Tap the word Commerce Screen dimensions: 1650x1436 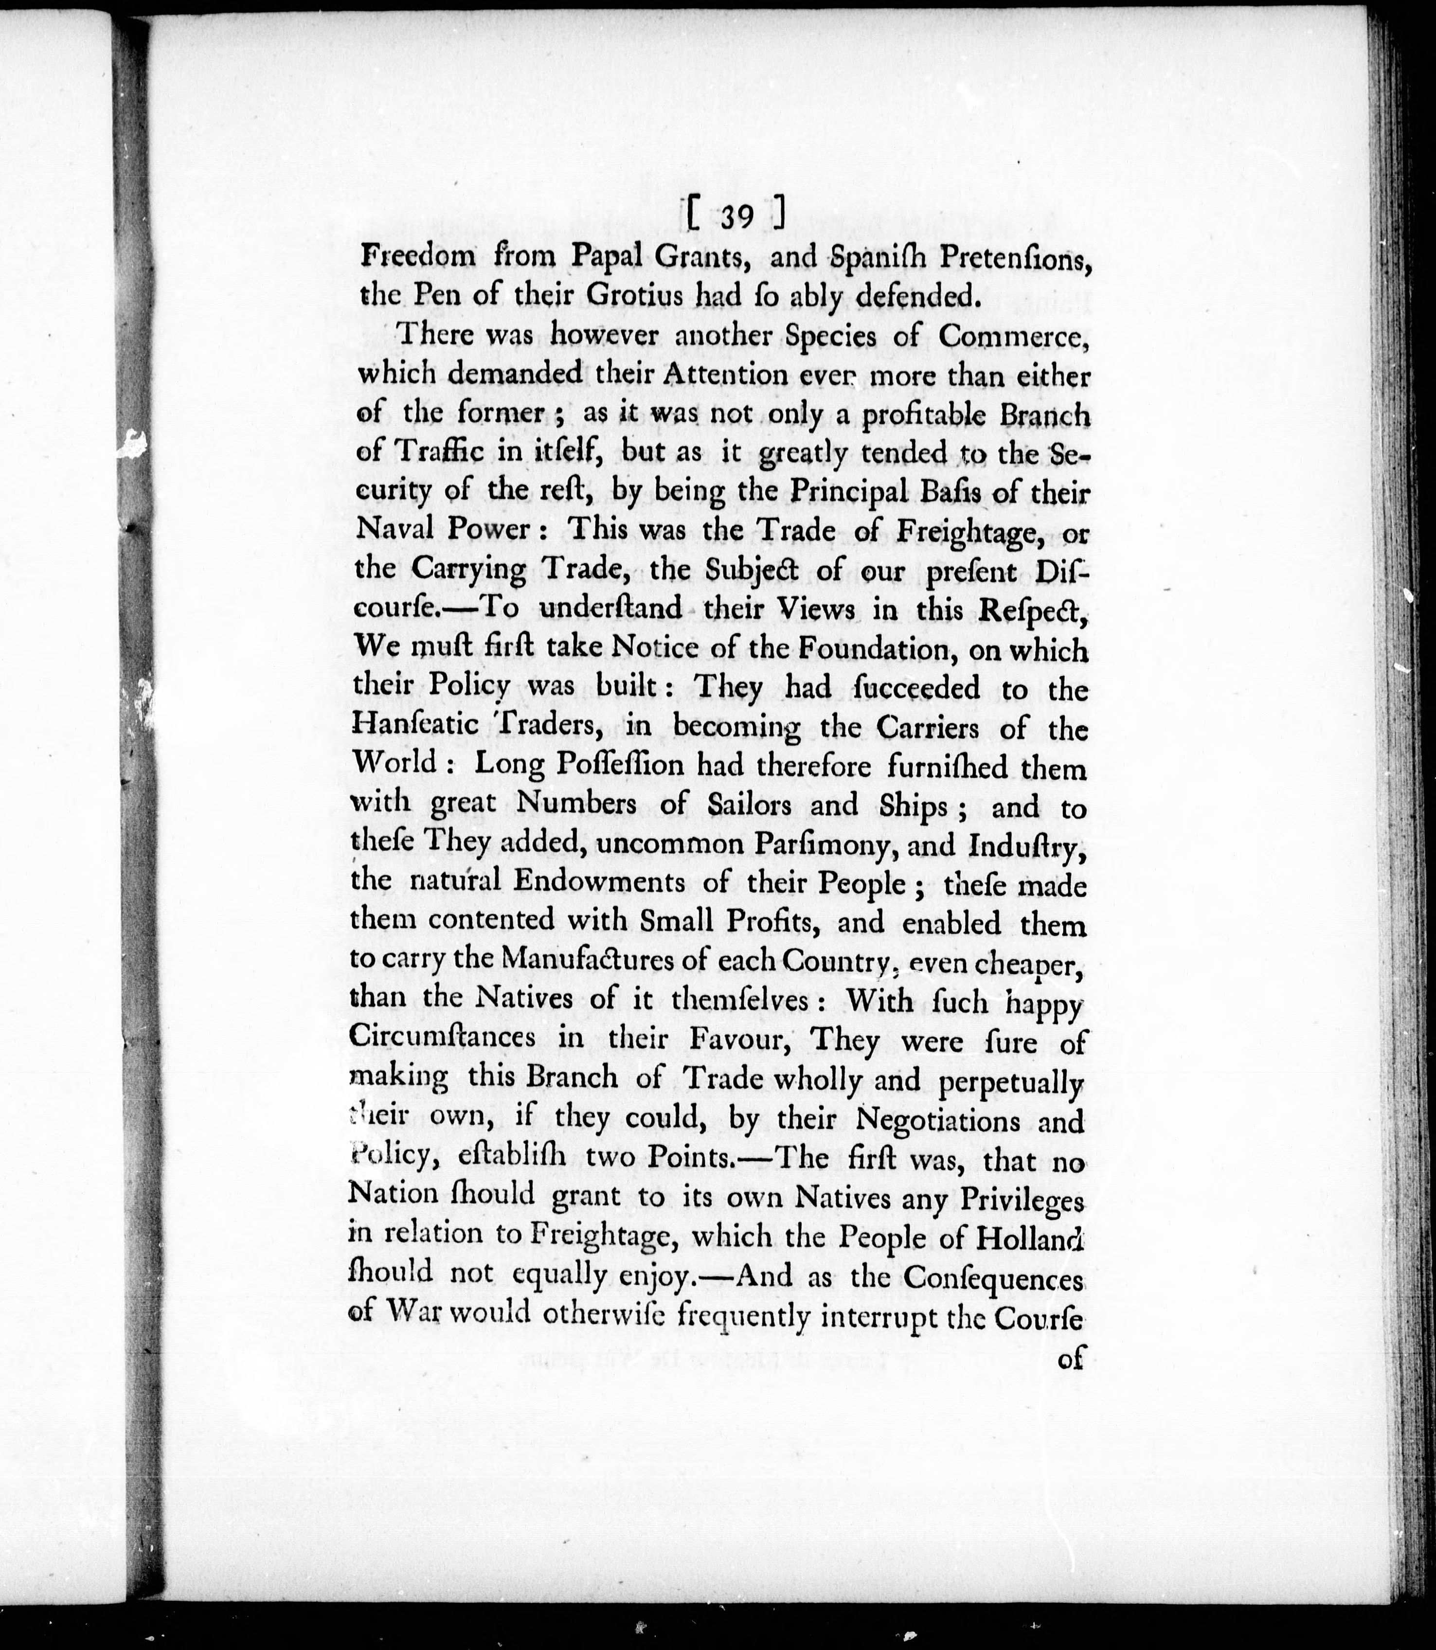pyautogui.click(x=1014, y=336)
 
